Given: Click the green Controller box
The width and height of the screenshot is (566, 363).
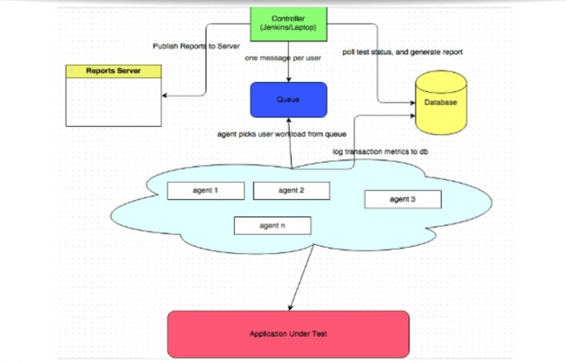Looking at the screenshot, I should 287,22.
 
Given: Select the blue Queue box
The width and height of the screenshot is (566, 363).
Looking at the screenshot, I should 287,100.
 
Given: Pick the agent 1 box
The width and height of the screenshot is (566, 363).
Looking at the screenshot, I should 205,191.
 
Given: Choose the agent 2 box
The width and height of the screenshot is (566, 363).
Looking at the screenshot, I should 291,191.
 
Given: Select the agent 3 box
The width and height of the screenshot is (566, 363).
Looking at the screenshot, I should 402,199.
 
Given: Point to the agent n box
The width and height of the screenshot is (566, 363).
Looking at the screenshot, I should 272,225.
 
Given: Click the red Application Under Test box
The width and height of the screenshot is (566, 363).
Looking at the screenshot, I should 288,333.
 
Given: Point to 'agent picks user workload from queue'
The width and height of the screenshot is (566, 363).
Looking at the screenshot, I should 282,133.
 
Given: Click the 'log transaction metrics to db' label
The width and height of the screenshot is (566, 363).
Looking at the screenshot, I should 381,151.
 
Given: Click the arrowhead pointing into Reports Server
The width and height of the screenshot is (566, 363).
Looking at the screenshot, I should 165,91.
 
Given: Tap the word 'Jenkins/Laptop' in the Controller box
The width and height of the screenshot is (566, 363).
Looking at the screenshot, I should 287,27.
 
